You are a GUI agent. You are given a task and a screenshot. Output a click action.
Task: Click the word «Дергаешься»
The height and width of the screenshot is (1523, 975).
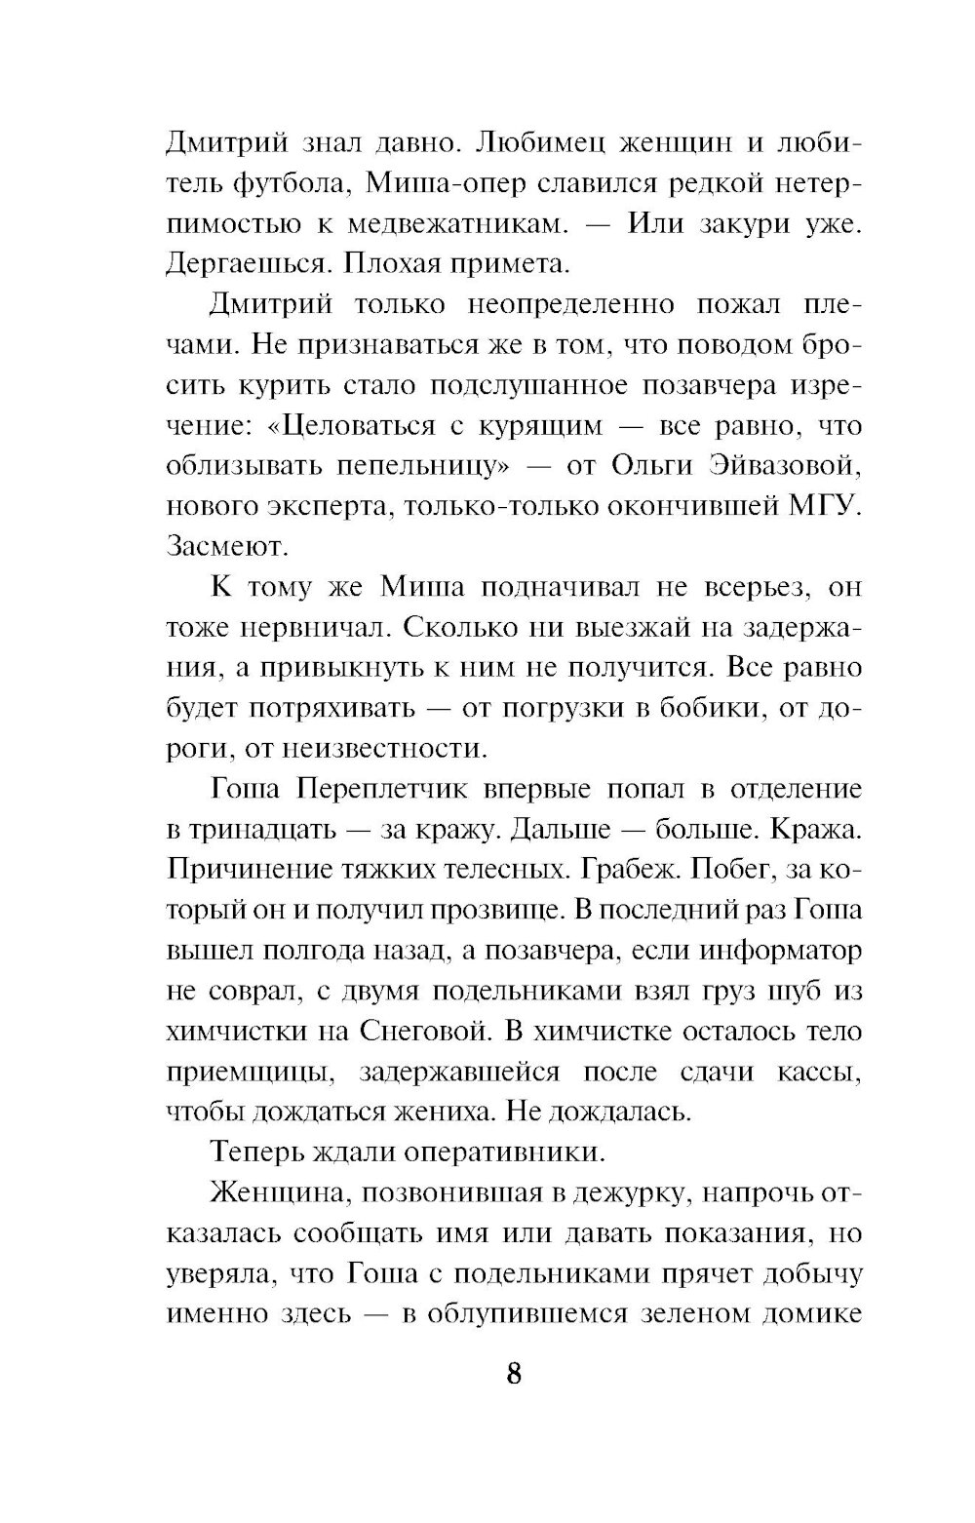tap(247, 264)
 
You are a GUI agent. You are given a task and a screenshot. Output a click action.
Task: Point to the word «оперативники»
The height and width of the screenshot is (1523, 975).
tap(509, 1152)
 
